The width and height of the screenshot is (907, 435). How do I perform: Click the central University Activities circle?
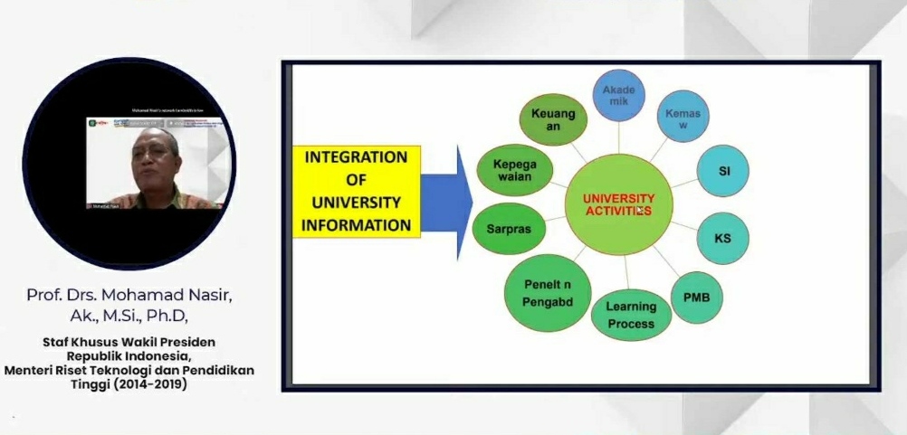618,204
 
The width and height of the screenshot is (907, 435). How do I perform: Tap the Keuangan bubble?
553,120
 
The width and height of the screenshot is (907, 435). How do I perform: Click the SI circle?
723,171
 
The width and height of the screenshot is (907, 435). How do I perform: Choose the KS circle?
722,238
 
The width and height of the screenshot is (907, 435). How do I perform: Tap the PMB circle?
696,295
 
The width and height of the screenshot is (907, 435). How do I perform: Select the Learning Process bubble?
631,315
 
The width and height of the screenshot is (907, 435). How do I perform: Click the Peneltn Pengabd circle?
548,293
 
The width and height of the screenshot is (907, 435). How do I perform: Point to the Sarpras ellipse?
509,229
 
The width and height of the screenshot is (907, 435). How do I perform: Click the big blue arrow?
446,202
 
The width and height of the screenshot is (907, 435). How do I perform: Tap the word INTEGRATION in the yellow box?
356,157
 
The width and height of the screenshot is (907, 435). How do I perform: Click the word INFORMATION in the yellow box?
357,224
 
